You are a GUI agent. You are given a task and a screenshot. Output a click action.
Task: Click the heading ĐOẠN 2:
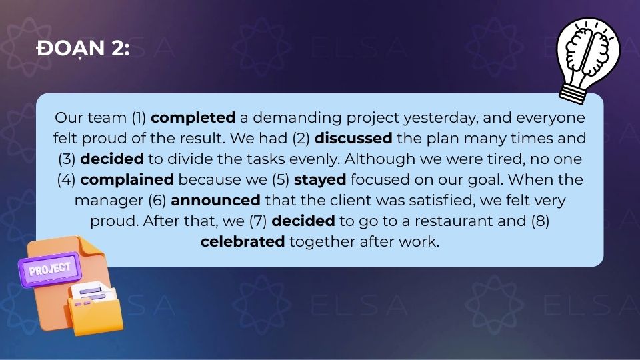(83, 49)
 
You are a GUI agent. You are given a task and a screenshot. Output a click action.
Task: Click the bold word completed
(193, 118)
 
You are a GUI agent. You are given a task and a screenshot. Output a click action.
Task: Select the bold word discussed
(353, 139)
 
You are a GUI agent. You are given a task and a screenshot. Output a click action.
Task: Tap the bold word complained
(127, 180)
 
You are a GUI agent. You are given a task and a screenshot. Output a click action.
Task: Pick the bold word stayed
(320, 180)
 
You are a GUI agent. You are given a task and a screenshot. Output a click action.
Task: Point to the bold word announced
(215, 201)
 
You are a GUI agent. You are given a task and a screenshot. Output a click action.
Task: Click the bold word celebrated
(243, 241)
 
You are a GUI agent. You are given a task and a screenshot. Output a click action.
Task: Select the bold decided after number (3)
(112, 159)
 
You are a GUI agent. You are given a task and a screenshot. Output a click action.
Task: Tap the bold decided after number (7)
(303, 221)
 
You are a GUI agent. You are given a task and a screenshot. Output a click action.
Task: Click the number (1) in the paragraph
(139, 118)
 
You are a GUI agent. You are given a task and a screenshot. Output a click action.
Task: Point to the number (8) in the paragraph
(540, 221)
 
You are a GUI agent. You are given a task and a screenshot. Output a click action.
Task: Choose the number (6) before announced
(157, 201)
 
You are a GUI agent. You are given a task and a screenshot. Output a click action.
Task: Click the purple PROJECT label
(49, 269)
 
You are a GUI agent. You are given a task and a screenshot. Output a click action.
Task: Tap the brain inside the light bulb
(588, 51)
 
